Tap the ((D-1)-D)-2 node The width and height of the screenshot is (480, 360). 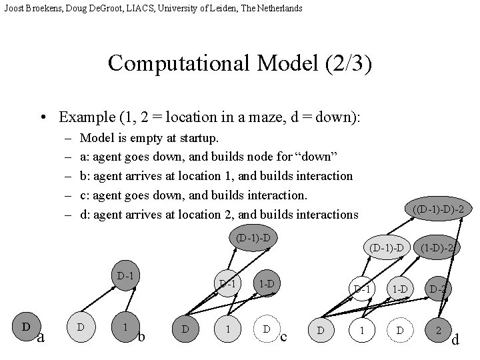point(438,209)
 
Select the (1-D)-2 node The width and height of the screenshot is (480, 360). point(437,248)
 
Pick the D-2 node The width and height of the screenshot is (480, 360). point(438,289)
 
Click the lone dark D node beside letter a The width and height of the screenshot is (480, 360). point(26,327)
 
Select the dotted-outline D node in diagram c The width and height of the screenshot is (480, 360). point(266,329)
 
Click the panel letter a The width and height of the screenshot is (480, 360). point(40,337)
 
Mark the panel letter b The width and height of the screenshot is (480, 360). point(141,336)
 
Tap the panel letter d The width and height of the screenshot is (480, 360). point(455,340)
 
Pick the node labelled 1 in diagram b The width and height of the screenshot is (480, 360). point(125,328)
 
